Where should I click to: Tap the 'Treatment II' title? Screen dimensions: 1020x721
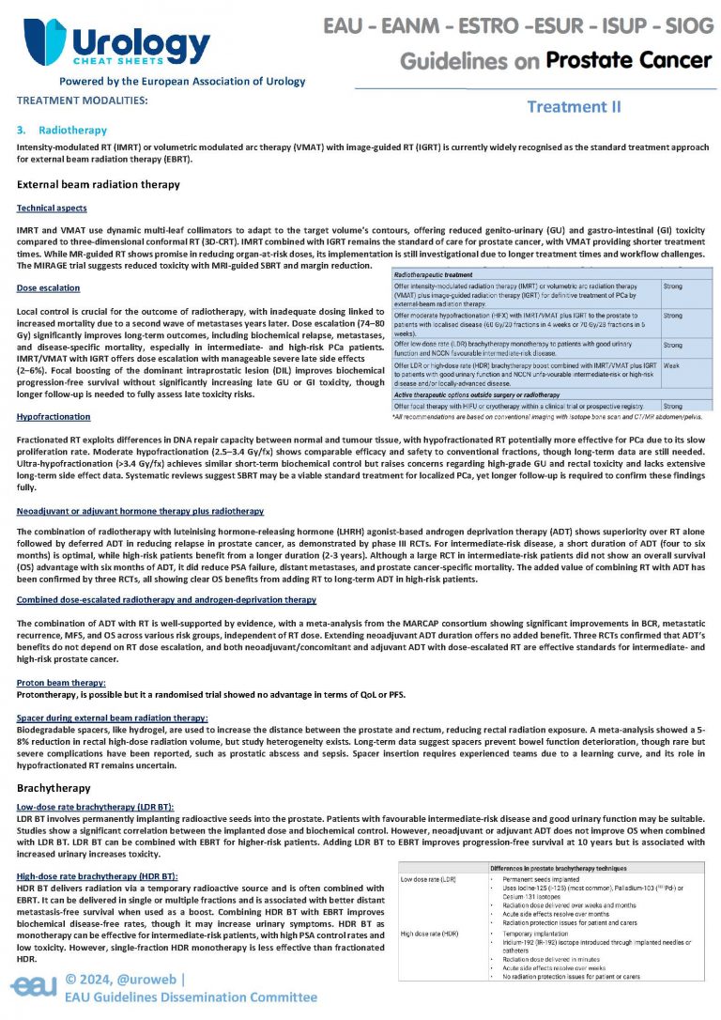[574, 107]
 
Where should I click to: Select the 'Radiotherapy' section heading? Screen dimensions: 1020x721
[72, 130]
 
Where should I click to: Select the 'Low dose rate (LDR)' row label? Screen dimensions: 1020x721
[428, 879]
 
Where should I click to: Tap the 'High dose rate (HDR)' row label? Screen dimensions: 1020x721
[430, 933]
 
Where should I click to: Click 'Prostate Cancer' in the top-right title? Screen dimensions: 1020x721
[628, 61]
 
